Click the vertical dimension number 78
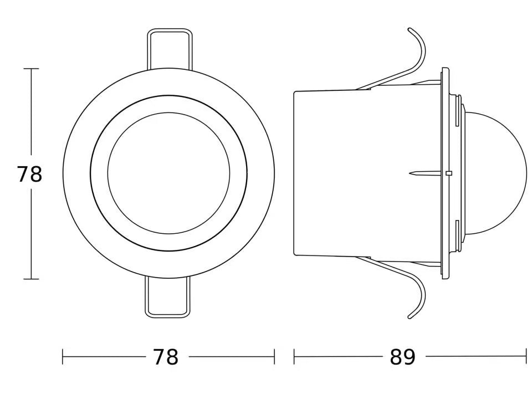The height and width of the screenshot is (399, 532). click(x=29, y=174)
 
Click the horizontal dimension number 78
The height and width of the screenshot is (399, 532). click(x=166, y=357)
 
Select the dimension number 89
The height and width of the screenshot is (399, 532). click(x=402, y=357)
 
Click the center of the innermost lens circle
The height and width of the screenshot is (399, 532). click(x=168, y=173)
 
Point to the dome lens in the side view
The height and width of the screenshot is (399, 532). click(x=496, y=173)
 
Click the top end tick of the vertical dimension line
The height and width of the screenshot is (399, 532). click(x=31, y=69)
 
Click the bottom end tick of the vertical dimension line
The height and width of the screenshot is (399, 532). click(x=31, y=279)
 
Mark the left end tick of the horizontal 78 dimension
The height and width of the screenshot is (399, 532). click(x=63, y=357)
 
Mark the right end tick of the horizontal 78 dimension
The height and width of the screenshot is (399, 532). click(x=274, y=357)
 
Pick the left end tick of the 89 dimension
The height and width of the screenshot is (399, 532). click(x=294, y=357)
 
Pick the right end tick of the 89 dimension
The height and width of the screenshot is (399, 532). click(x=525, y=357)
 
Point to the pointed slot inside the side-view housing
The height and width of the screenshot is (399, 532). click(x=421, y=173)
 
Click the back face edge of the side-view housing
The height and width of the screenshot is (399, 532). click(x=294, y=173)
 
